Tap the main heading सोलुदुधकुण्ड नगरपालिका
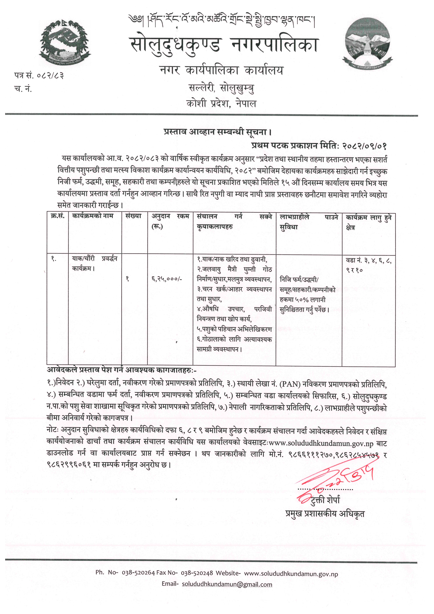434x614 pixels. [224, 45]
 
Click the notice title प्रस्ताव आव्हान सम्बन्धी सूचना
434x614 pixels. [218, 132]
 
